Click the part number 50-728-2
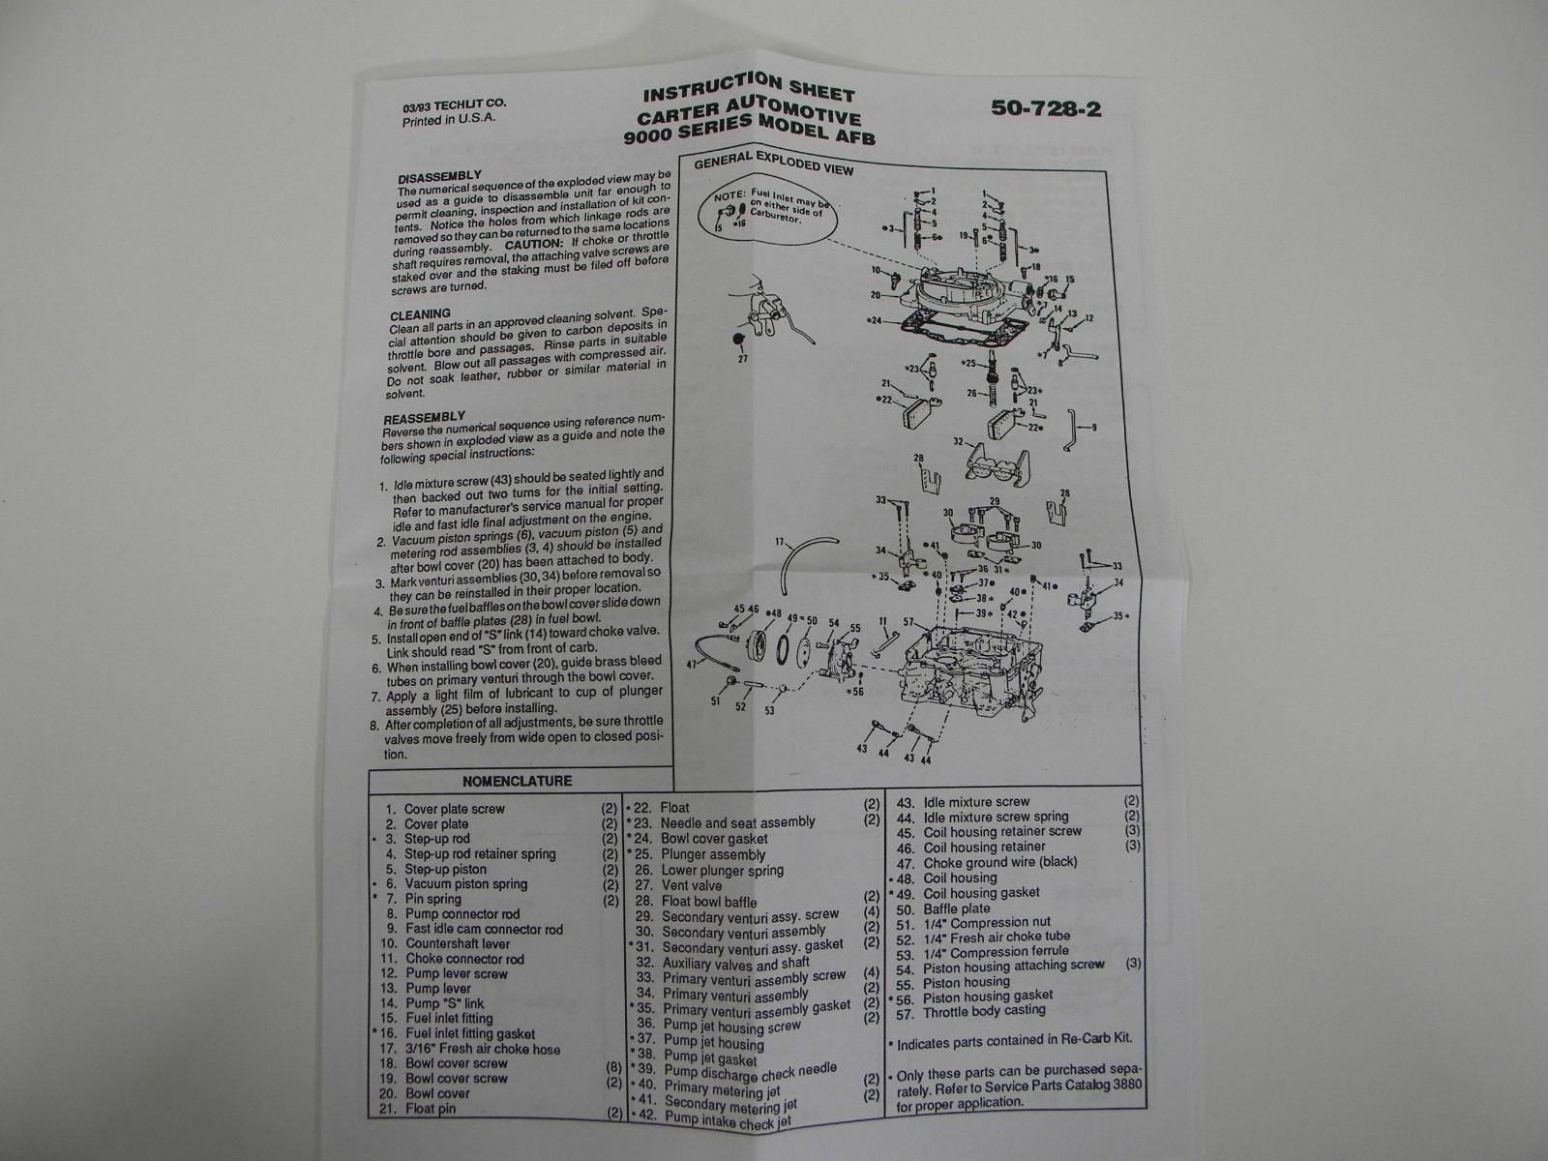click(x=1046, y=108)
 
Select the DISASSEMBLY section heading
click(x=439, y=179)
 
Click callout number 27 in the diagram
click(x=742, y=359)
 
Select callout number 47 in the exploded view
click(x=691, y=665)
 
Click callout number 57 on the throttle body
click(x=908, y=622)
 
